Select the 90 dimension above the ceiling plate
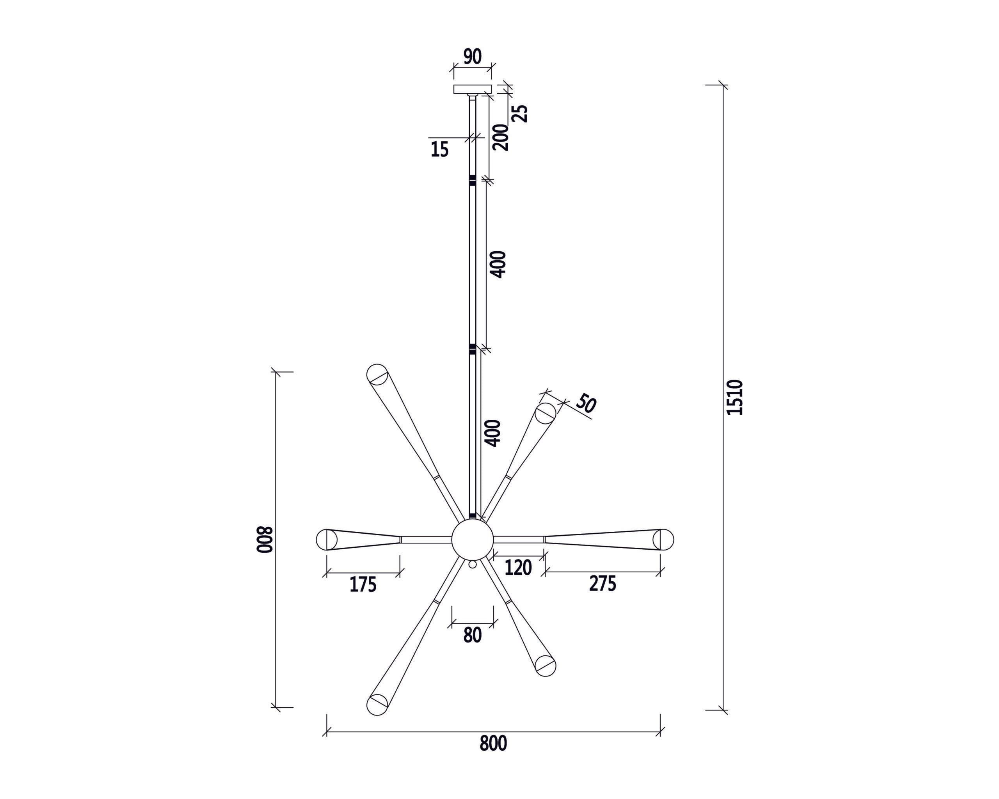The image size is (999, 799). click(x=473, y=57)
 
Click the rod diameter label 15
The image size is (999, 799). click(x=440, y=149)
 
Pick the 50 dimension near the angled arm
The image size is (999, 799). click(x=585, y=404)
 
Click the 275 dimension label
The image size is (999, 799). click(x=603, y=584)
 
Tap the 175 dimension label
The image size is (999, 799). click(x=363, y=585)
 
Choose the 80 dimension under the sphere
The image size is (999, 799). click(x=472, y=636)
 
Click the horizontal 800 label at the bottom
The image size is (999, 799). click(x=493, y=744)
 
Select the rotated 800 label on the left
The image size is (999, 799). click(x=265, y=540)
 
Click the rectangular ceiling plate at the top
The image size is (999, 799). click(x=472, y=89)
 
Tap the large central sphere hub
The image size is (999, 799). click(x=472, y=540)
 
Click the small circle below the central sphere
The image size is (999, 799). click(x=472, y=565)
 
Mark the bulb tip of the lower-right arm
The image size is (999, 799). click(x=546, y=666)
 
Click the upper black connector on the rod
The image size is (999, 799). click(x=472, y=181)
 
